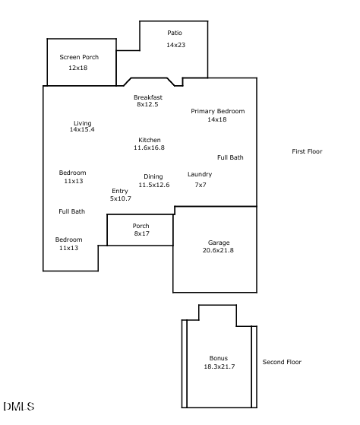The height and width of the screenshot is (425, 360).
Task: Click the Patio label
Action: click(x=175, y=33)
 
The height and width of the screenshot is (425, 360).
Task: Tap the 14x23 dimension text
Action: click(x=175, y=46)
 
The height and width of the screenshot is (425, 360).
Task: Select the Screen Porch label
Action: click(x=79, y=57)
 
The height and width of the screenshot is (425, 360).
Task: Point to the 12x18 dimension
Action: click(x=78, y=68)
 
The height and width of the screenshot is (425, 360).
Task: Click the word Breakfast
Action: click(x=148, y=97)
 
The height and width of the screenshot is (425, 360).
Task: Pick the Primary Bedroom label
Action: click(x=217, y=111)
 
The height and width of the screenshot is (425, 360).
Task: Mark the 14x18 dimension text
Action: click(x=217, y=119)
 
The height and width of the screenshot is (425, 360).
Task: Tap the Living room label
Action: click(x=82, y=123)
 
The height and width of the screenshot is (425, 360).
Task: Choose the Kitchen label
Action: click(x=149, y=140)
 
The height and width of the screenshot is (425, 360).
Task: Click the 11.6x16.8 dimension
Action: click(x=149, y=147)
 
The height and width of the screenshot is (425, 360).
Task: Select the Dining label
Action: click(x=153, y=176)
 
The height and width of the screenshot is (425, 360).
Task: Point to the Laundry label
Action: click(x=200, y=174)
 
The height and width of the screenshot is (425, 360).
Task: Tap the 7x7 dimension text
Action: click(x=201, y=185)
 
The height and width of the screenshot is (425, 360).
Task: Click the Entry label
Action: click(x=120, y=191)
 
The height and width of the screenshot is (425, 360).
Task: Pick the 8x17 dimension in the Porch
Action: click(x=141, y=233)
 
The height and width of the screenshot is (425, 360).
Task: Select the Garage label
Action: click(x=219, y=243)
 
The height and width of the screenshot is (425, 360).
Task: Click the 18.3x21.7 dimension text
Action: click(x=219, y=366)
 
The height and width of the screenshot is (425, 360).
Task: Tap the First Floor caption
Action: click(x=307, y=151)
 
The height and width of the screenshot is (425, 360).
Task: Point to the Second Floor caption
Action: click(x=282, y=362)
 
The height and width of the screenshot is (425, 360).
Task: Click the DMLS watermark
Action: click(x=19, y=408)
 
